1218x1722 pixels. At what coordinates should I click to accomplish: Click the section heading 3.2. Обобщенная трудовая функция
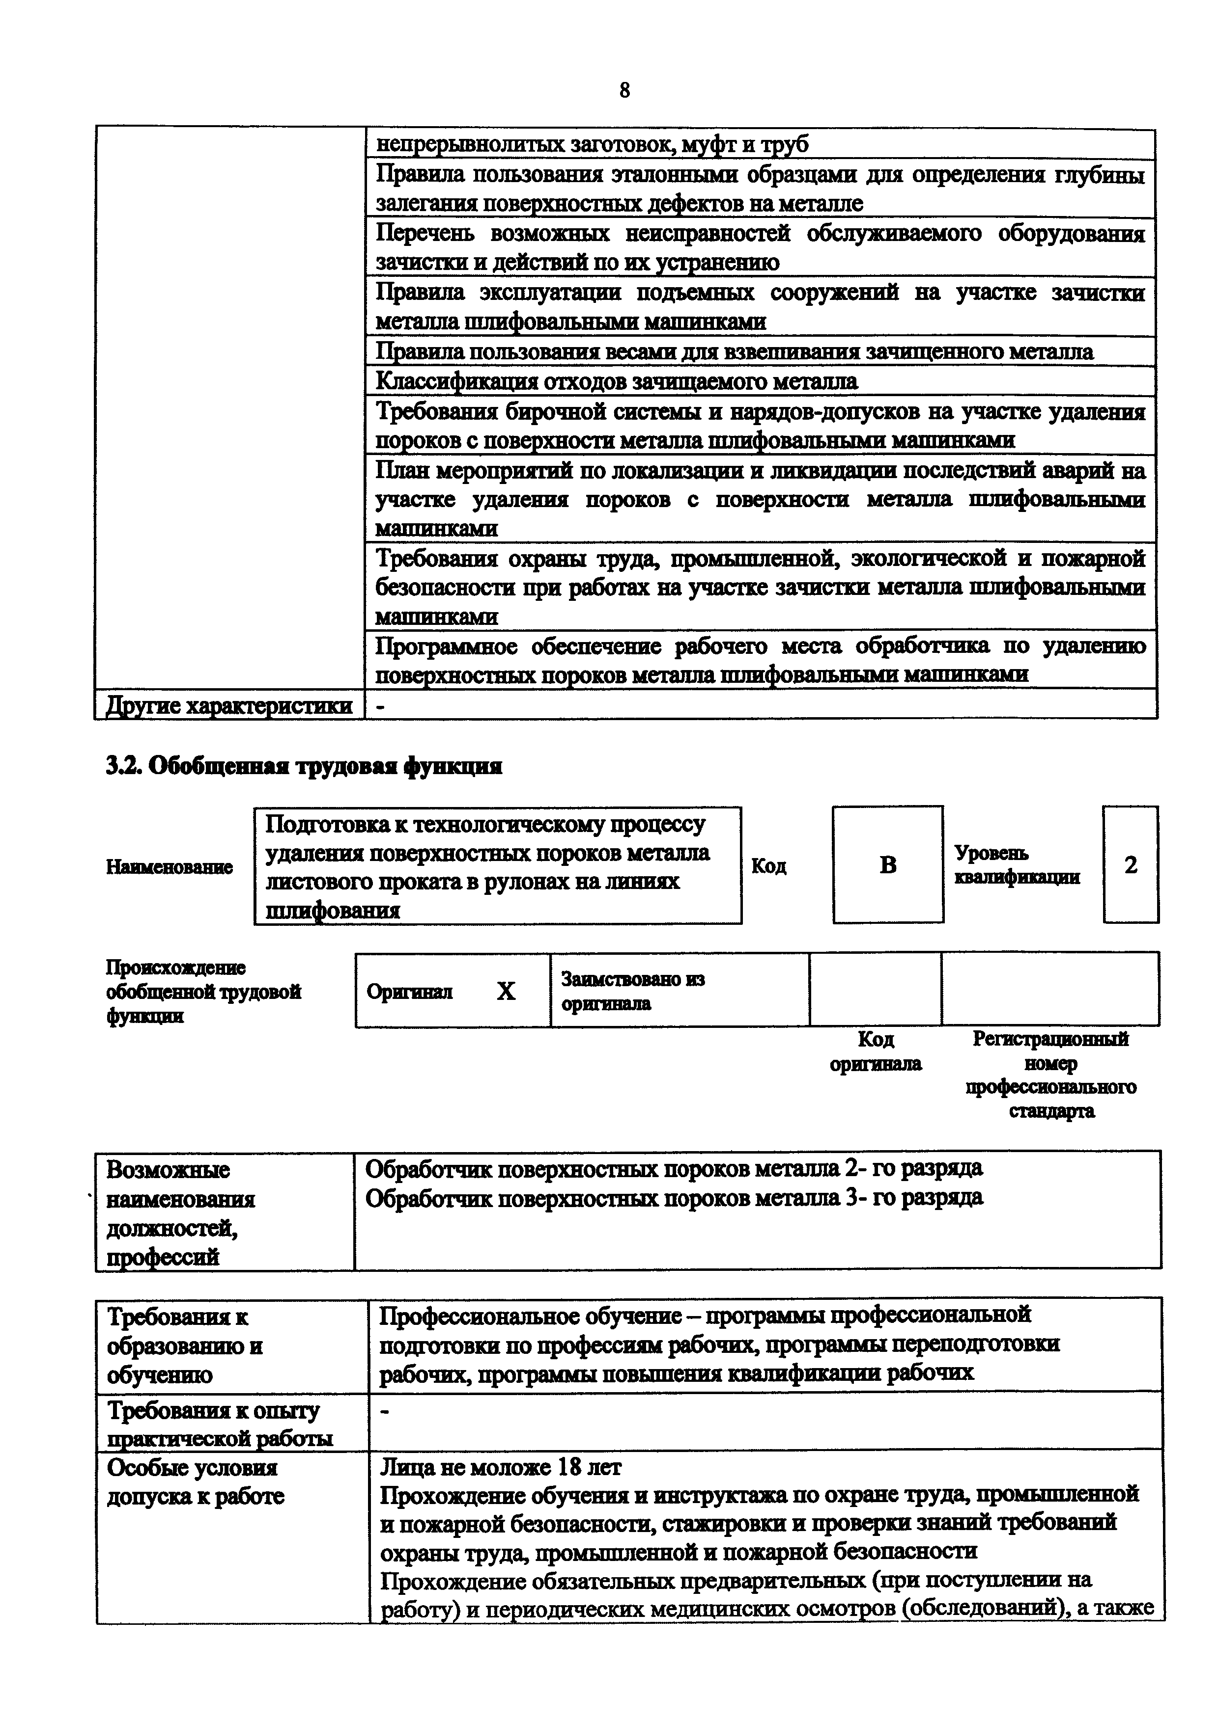[304, 766]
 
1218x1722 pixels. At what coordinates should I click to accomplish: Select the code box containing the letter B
[888, 865]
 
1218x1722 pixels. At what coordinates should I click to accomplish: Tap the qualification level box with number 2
[1130, 865]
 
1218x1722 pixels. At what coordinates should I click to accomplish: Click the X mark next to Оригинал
[507, 992]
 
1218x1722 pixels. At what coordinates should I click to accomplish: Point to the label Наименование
[170, 867]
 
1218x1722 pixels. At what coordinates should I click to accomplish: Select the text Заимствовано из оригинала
[633, 991]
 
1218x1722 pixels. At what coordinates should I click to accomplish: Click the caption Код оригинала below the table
[875, 1051]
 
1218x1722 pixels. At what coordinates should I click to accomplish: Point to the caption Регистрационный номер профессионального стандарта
[1050, 1074]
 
